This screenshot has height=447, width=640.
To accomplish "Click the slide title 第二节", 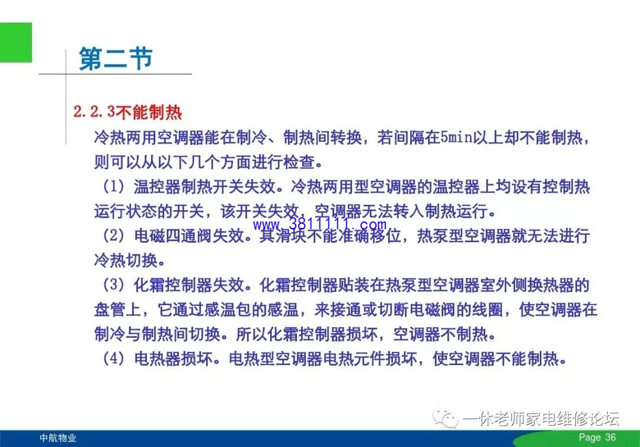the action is [x=116, y=58].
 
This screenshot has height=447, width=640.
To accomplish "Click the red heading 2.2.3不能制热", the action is [x=127, y=112].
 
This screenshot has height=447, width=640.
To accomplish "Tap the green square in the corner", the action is [x=15, y=43].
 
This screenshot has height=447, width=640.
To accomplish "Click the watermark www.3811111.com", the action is [x=319, y=224].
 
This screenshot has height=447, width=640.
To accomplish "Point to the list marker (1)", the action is [x=113, y=187].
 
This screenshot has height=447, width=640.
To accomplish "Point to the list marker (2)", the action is [x=113, y=236].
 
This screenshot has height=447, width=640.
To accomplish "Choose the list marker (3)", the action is [x=113, y=285].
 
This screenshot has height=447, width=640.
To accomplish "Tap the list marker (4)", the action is [x=113, y=359].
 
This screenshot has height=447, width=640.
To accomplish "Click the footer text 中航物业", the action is [x=58, y=438].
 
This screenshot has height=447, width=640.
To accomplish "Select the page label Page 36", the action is [x=597, y=437].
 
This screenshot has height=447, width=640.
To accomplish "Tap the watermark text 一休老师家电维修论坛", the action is [x=541, y=419].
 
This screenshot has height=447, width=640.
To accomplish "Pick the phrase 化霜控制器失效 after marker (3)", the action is [x=189, y=285].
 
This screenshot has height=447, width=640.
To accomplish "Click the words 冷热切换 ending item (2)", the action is [x=126, y=261].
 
